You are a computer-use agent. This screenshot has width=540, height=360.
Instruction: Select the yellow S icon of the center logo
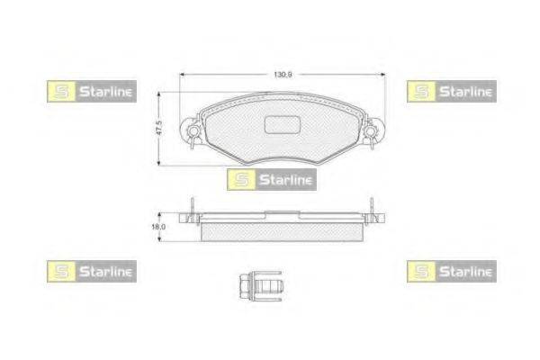238,179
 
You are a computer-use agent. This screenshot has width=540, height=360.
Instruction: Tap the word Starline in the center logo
283,179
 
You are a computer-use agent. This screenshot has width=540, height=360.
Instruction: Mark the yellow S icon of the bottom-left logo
56,268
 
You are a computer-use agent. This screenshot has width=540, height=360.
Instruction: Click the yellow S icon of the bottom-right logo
418,268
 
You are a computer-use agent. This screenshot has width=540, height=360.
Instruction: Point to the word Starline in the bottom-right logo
463,268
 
